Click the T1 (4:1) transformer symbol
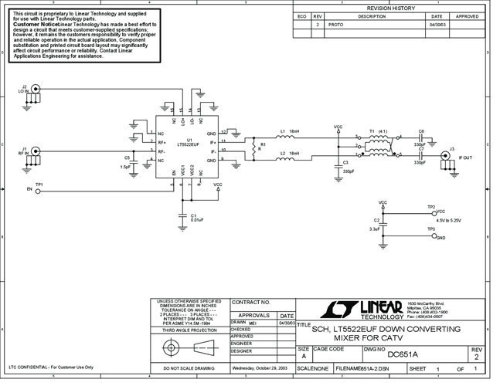click(x=379, y=146)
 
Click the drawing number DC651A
click(x=402, y=354)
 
